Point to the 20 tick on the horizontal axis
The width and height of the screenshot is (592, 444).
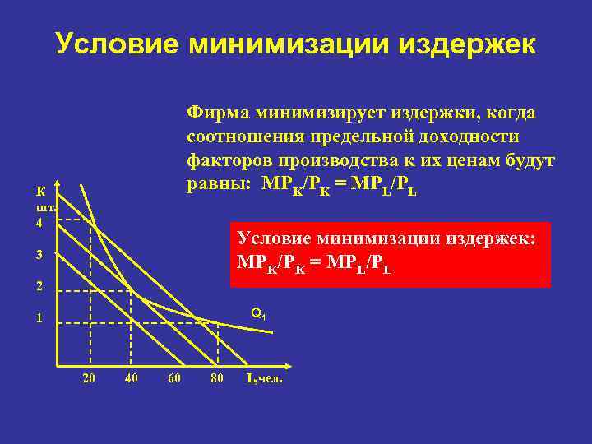[x=89, y=378]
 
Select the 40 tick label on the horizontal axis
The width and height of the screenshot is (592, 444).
[x=131, y=378]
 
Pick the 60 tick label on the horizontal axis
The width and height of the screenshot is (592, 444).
[x=173, y=378]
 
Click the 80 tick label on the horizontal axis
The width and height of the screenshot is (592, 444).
[x=217, y=378]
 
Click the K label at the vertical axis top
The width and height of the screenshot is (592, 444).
[x=39, y=192]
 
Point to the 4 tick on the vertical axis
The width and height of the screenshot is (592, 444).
[x=39, y=222]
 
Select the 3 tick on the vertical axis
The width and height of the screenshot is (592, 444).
[x=39, y=255]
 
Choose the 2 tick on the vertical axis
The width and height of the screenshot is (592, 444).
[x=39, y=287]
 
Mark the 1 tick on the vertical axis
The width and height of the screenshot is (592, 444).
[x=39, y=319]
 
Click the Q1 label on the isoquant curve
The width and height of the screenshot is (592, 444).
[x=257, y=313]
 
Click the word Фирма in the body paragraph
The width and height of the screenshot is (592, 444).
[x=218, y=111]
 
